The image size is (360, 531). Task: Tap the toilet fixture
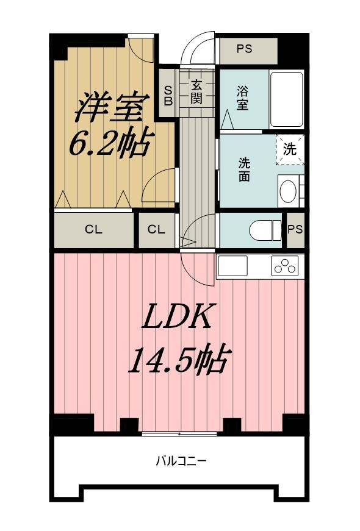click(x=264, y=229)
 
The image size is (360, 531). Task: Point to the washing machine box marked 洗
click(x=290, y=149)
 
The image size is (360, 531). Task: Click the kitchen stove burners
click(x=286, y=266)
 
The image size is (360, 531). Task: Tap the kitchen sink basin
click(x=232, y=266)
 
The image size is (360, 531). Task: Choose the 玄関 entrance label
click(x=196, y=91)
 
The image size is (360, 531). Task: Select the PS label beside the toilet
click(x=295, y=229)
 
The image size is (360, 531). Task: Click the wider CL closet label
click(x=93, y=230)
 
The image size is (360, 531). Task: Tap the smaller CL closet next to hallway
click(x=156, y=230)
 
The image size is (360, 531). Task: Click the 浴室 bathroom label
click(x=242, y=98)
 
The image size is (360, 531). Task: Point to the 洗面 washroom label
click(x=244, y=170)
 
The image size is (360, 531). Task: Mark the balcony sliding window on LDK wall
click(x=179, y=433)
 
